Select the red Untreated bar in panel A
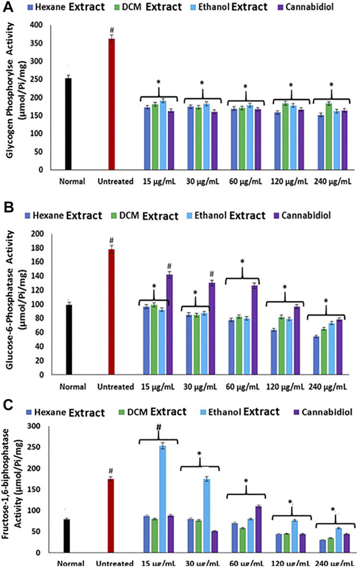[x=111, y=104]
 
